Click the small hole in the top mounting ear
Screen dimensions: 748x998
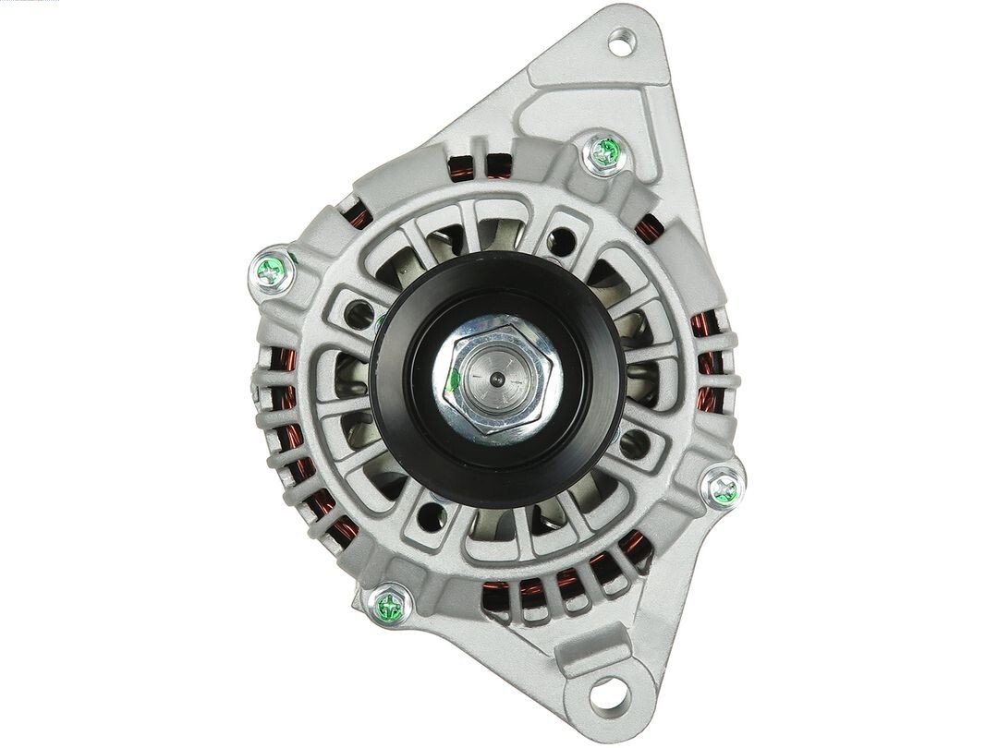[x=621, y=42]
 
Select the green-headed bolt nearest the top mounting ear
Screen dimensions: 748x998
[x=605, y=153]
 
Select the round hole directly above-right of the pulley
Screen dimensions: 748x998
[x=561, y=243]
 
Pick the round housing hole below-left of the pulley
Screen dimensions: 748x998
[x=431, y=516]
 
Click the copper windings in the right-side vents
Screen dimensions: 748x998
[x=706, y=360]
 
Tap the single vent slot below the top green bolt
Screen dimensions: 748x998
[x=650, y=226]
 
